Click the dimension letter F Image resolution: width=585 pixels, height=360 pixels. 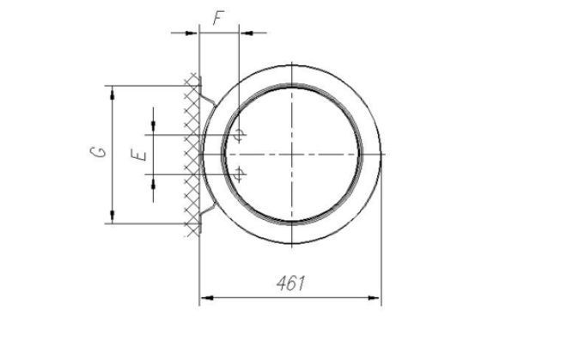pyautogui.click(x=219, y=18)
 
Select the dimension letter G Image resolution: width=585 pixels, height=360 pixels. pyautogui.click(x=98, y=151)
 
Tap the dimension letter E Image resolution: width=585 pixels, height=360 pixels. pyautogui.click(x=139, y=155)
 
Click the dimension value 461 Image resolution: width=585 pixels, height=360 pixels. pyautogui.click(x=290, y=284)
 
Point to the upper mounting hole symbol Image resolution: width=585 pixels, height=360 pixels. pyautogui.click(x=239, y=134)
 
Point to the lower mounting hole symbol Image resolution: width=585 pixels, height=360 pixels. pyautogui.click(x=239, y=174)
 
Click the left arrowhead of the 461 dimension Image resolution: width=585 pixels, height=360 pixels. pyautogui.click(x=207, y=297)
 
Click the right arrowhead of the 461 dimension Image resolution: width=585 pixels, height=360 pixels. pyautogui.click(x=374, y=297)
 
